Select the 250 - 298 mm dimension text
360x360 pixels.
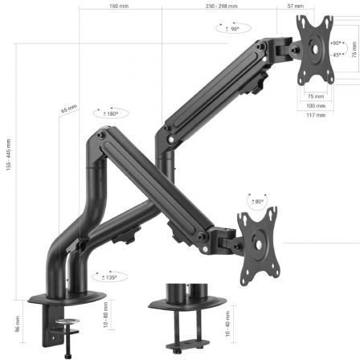pyautogui.click(x=221, y=6)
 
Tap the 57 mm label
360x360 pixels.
pyautogui.click(x=296, y=6)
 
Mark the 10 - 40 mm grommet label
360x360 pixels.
pyautogui.click(x=227, y=321)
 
